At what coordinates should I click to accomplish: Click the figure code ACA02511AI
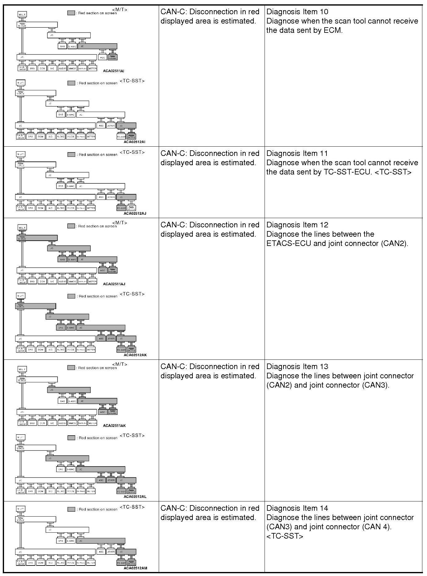114,71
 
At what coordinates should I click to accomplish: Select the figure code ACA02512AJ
135,213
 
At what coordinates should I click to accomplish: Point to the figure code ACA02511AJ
114,284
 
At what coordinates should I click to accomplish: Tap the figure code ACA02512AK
135,355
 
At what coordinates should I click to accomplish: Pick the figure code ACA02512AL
135,496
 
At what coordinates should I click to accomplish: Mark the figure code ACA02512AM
135,568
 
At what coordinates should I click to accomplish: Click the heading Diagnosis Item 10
297,12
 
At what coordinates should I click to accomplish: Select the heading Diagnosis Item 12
297,225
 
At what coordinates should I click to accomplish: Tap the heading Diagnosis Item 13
297,367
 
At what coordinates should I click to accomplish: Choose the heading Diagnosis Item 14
297,508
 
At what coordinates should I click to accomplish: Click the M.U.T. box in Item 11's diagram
20,154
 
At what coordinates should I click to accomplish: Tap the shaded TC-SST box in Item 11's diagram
121,208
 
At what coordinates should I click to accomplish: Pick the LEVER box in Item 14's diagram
111,552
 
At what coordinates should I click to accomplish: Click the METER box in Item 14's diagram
91,563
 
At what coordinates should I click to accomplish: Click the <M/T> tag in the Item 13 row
119,364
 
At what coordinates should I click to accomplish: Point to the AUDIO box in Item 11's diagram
61,208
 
